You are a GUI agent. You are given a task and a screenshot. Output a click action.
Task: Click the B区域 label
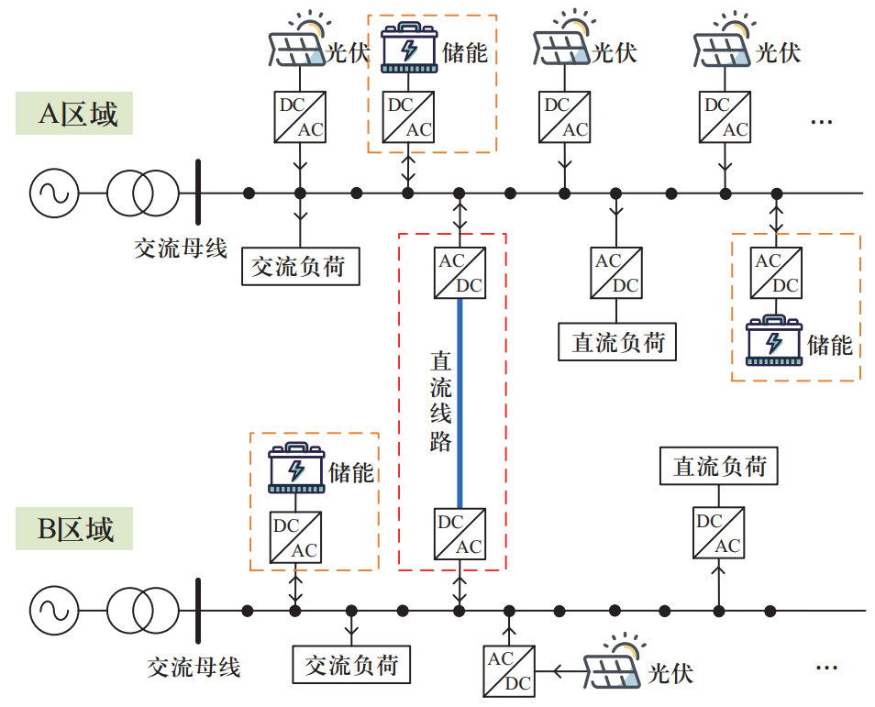pos(74,529)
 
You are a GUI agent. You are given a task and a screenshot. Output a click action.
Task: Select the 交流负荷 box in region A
pos(299,266)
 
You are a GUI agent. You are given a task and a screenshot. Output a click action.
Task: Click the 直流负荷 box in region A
pos(617,342)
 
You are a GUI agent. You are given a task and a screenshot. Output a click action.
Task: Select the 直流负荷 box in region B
pos(719,467)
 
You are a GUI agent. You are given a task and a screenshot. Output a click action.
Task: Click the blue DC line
pos(460,403)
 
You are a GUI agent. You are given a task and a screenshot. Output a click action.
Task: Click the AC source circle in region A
pos(53,193)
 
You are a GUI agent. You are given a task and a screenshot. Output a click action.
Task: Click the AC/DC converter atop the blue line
pos(460,272)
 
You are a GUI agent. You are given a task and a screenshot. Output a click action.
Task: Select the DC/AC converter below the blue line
pos(460,535)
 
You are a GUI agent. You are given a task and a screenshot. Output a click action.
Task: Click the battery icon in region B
pos(296,469)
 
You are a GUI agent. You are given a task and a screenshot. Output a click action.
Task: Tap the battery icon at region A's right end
pos(775,340)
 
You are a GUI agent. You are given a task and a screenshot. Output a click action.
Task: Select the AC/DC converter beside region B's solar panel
pos(509,671)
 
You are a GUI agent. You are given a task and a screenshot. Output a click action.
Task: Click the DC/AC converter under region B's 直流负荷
pos(718,534)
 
